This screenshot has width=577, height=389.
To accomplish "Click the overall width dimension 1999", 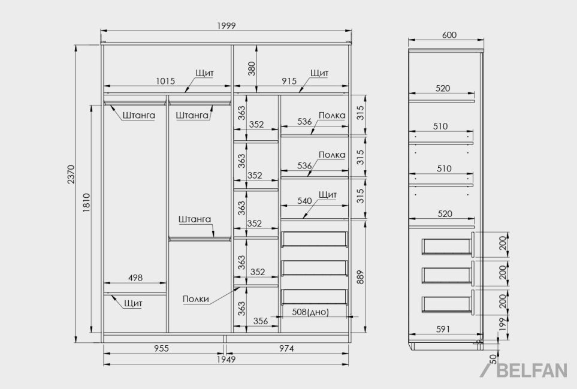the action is click(226, 26).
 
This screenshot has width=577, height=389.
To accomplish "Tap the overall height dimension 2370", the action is click(71, 174).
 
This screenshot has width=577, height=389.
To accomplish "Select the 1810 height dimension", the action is click(86, 203).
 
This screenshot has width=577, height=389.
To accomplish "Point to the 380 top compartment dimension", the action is click(252, 69).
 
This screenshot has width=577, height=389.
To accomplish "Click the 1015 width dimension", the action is click(165, 81).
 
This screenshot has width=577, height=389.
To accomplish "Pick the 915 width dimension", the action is click(289, 81).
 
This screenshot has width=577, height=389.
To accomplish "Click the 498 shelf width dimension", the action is click(135, 278).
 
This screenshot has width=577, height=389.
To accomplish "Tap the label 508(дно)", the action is click(310, 312).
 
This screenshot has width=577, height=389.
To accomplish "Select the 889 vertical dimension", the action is click(360, 277).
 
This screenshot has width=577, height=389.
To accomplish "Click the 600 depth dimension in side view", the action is click(449, 35).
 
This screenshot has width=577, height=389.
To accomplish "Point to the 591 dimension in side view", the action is click(443, 329).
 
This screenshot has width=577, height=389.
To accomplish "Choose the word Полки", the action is click(196, 299).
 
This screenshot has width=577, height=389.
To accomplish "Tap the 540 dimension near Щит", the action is click(304, 201).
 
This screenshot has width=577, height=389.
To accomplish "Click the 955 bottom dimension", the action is click(161, 348).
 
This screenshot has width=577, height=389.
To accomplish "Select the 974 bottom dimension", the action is click(286, 348).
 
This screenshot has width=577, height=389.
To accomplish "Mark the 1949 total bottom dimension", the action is click(226, 359).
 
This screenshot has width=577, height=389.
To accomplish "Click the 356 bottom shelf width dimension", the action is click(261, 321).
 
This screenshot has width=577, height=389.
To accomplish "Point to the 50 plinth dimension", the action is click(494, 359).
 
